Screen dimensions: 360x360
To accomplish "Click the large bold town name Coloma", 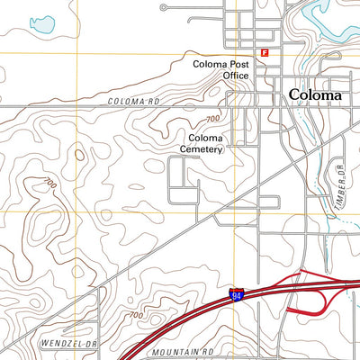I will (x=315, y=94).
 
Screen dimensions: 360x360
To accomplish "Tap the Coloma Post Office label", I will (x=220, y=70).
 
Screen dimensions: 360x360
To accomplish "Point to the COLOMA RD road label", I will (x=132, y=102).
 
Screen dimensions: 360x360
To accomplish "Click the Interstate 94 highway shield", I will (x=236, y=294).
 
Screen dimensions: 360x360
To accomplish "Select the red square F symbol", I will (x=265, y=53).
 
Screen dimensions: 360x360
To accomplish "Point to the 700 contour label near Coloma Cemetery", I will (x=212, y=119).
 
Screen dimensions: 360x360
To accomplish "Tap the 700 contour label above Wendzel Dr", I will (x=135, y=315).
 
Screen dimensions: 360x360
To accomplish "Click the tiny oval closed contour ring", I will (x=79, y=155).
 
